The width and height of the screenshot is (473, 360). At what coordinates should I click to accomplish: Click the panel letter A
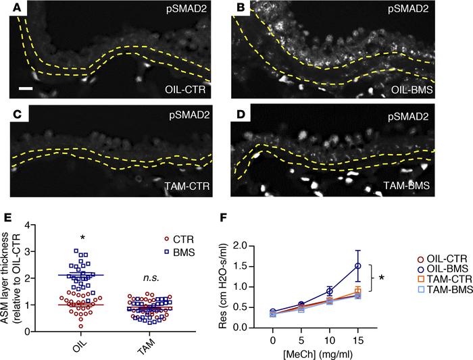click(x=9, y=9)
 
